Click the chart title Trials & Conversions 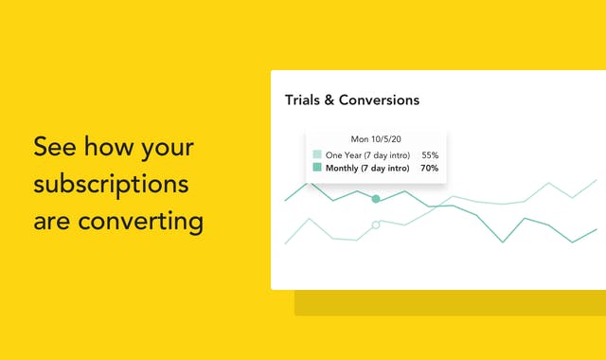click(351, 99)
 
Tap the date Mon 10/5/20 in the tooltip click(375, 138)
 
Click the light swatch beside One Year click(317, 154)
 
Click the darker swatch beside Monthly click(317, 168)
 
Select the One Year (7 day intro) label click(367, 154)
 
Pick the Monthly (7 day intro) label click(367, 168)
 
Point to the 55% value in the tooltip click(429, 154)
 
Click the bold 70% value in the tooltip click(429, 168)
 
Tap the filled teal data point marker click(376, 199)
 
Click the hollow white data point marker click(376, 225)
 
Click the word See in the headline click(53, 148)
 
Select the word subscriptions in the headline click(111, 185)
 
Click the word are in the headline click(53, 222)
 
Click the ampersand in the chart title click(330, 99)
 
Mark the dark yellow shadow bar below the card click(450, 303)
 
